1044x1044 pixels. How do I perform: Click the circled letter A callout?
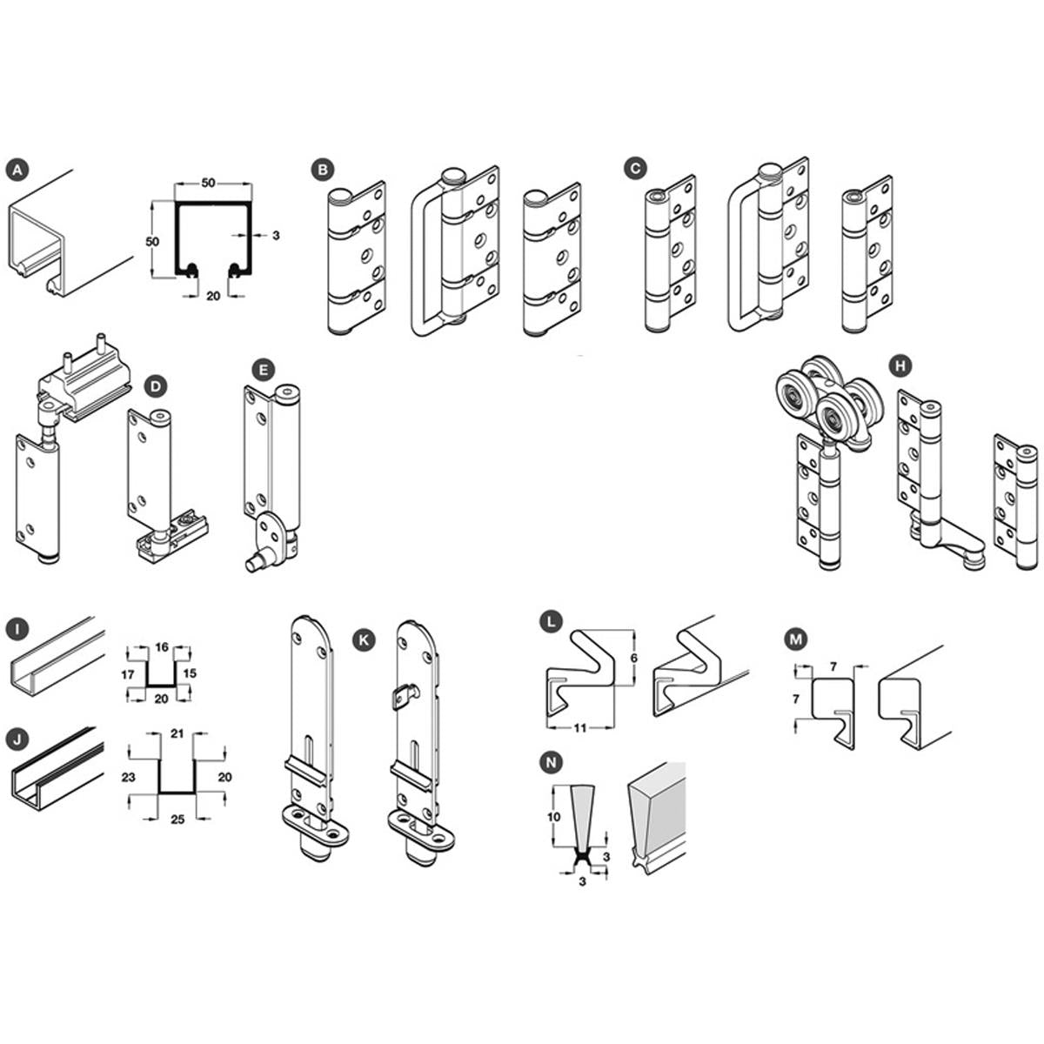[x=18, y=171]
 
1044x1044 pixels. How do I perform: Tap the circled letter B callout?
[x=323, y=171]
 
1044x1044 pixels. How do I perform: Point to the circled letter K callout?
[x=364, y=639]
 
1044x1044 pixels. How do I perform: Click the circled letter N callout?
[x=552, y=763]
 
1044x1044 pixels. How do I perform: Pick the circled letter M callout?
[x=795, y=639]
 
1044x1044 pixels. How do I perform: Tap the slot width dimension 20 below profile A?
[x=213, y=296]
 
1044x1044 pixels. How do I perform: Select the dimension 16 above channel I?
[x=162, y=646]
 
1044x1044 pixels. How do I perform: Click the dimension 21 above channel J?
[x=177, y=733]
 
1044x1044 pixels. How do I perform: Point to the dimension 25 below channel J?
[x=177, y=820]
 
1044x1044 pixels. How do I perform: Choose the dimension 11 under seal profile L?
[x=580, y=728]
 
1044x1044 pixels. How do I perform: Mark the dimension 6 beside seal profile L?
[x=634, y=659]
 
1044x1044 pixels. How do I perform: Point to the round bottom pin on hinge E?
[x=255, y=564]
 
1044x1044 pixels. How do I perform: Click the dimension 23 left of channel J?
[x=129, y=778]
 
